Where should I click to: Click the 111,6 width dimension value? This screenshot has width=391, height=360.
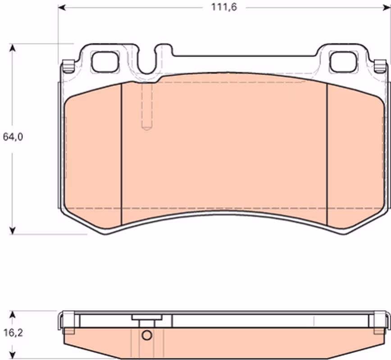224,7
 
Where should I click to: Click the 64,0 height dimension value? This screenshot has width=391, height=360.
13,137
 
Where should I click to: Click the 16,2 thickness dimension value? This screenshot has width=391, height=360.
13,333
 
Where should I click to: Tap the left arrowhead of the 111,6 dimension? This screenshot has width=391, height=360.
62,8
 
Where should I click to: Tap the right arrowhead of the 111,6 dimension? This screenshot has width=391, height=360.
387,8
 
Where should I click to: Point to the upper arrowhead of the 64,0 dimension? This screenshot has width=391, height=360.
12,48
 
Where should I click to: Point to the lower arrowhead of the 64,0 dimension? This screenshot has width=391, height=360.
12,230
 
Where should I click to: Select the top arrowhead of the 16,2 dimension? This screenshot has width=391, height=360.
12,315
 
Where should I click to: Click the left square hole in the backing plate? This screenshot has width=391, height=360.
105,62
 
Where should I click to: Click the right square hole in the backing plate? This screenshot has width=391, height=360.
343,62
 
